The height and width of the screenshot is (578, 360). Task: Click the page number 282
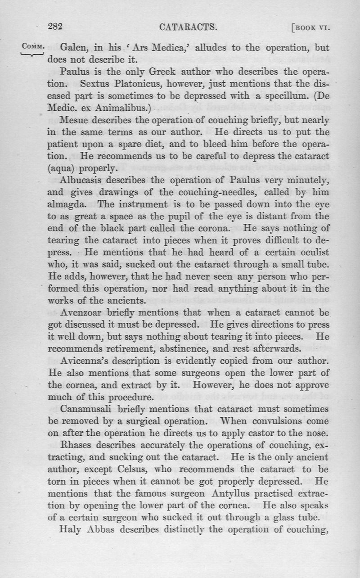[55, 27]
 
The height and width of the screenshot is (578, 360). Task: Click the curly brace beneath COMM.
[32, 54]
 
